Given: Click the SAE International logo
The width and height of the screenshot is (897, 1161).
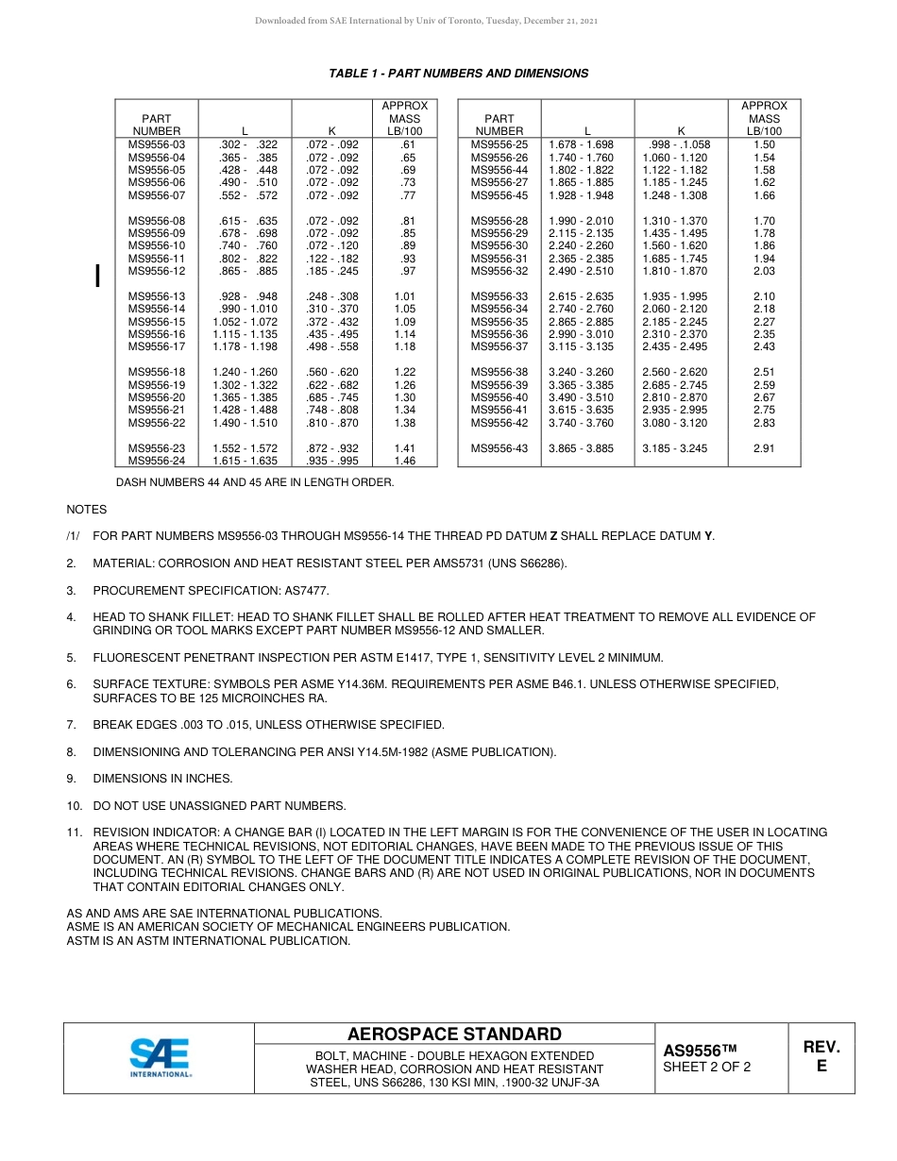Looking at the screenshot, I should point(160,1057).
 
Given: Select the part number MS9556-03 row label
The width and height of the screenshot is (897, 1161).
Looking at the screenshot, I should point(157,144).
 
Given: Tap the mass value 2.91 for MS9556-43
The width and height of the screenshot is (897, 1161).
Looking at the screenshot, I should point(764,448).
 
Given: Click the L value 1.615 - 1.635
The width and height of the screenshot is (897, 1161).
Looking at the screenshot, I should point(245,461).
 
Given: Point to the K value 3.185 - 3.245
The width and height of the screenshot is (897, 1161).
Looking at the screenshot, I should point(674,448).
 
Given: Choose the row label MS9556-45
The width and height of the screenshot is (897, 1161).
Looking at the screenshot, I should point(499,195).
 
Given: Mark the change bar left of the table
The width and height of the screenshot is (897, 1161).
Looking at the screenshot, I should point(97,276).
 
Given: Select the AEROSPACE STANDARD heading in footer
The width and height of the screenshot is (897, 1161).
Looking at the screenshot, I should point(454,1035).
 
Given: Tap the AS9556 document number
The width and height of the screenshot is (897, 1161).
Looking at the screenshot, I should point(699,1051).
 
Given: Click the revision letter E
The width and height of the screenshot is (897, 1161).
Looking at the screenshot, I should point(821,1066).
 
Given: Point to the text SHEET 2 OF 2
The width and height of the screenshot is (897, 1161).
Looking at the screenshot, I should point(707,1068).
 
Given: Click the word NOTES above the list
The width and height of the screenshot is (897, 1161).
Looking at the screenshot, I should point(86,509).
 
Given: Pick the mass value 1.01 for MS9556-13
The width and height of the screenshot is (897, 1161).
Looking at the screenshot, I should point(404,296).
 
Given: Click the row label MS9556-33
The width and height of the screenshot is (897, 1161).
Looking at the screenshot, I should point(499,296).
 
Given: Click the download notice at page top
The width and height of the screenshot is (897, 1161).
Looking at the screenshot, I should point(426,21).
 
